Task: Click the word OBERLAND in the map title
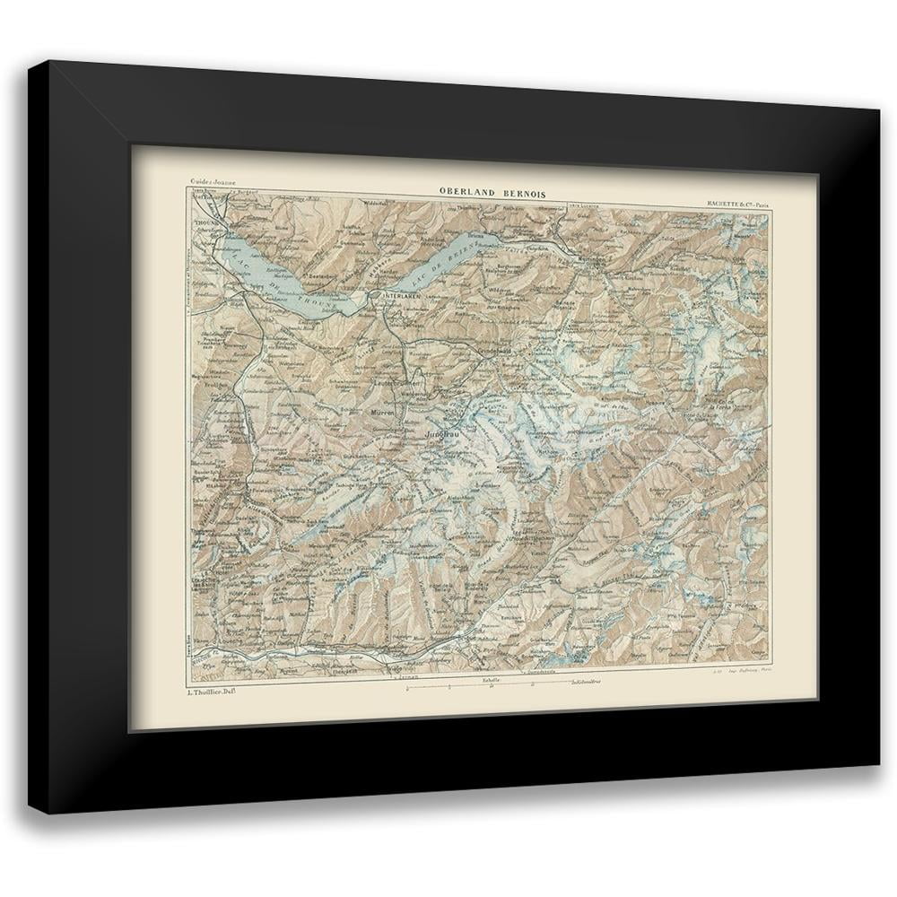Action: (x=465, y=190)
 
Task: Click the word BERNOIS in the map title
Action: (x=519, y=190)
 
